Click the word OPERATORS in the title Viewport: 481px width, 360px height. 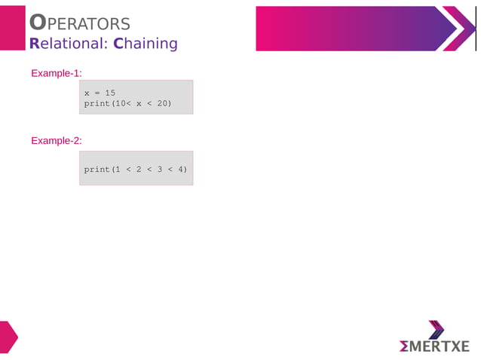(x=79, y=23)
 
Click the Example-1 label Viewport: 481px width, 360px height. (x=56, y=73)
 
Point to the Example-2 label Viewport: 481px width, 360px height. (x=56, y=141)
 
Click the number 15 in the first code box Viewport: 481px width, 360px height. (x=110, y=93)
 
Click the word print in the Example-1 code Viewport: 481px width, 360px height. (x=97, y=102)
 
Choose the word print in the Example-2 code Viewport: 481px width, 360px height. (x=97, y=169)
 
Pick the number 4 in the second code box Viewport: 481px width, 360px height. (x=182, y=169)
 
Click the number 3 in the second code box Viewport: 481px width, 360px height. (x=161, y=169)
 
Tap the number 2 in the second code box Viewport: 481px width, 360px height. (x=139, y=169)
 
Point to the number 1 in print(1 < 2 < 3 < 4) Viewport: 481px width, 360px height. (x=118, y=169)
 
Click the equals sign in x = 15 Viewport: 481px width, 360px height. (x=97, y=93)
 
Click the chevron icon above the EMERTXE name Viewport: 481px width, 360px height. (x=437, y=329)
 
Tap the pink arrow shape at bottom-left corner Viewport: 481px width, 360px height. (x=8, y=337)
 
